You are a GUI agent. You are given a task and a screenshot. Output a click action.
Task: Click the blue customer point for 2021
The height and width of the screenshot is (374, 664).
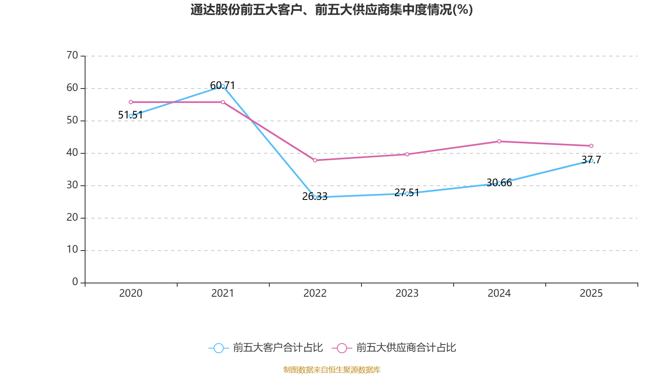pyautogui.click(x=223, y=86)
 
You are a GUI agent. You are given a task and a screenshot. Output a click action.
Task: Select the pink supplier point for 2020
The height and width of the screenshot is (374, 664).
pyautogui.click(x=131, y=102)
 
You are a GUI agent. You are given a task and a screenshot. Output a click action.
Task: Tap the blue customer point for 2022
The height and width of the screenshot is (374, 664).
pyautogui.click(x=315, y=197)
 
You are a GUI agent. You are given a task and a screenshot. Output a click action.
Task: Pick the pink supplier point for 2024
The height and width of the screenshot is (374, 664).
pyautogui.click(x=499, y=141)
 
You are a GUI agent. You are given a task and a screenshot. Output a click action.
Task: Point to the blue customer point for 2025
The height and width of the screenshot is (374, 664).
pyautogui.click(x=591, y=160)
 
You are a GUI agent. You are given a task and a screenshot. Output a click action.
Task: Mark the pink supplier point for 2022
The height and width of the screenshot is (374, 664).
pyautogui.click(x=315, y=160)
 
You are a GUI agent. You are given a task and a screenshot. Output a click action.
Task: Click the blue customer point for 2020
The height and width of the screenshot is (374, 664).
pyautogui.click(x=131, y=116)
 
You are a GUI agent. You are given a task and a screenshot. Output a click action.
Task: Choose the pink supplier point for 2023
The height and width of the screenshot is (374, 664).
pyautogui.click(x=407, y=154)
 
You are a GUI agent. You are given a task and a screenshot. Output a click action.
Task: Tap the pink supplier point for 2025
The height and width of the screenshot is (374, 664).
pyautogui.click(x=591, y=146)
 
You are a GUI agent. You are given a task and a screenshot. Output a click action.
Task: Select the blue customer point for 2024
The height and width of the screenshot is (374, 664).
pyautogui.click(x=499, y=183)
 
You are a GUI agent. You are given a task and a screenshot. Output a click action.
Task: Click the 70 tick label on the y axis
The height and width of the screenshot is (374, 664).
pyautogui.click(x=72, y=55)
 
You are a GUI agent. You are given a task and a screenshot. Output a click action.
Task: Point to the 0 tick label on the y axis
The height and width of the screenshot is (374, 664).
pyautogui.click(x=75, y=282)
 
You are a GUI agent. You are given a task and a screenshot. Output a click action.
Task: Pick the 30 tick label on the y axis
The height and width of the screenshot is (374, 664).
pyautogui.click(x=72, y=185)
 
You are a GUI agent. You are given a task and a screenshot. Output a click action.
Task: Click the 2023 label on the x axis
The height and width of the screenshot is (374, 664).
pyautogui.click(x=407, y=293)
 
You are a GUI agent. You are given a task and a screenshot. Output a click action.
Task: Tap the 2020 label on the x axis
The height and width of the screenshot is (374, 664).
pyautogui.click(x=131, y=293)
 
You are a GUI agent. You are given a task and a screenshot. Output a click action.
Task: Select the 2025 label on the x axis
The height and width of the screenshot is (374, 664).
pyautogui.click(x=591, y=293)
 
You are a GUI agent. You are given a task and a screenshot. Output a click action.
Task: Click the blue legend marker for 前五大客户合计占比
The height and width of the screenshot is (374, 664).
pyautogui.click(x=218, y=348)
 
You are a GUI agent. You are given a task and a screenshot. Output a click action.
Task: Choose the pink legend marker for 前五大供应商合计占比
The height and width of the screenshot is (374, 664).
pyautogui.click(x=342, y=348)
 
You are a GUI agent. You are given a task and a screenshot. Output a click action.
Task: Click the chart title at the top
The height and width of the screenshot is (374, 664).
pyautogui.click(x=332, y=10)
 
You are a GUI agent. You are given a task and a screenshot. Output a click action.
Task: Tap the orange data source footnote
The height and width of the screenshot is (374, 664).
pyautogui.click(x=332, y=369)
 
